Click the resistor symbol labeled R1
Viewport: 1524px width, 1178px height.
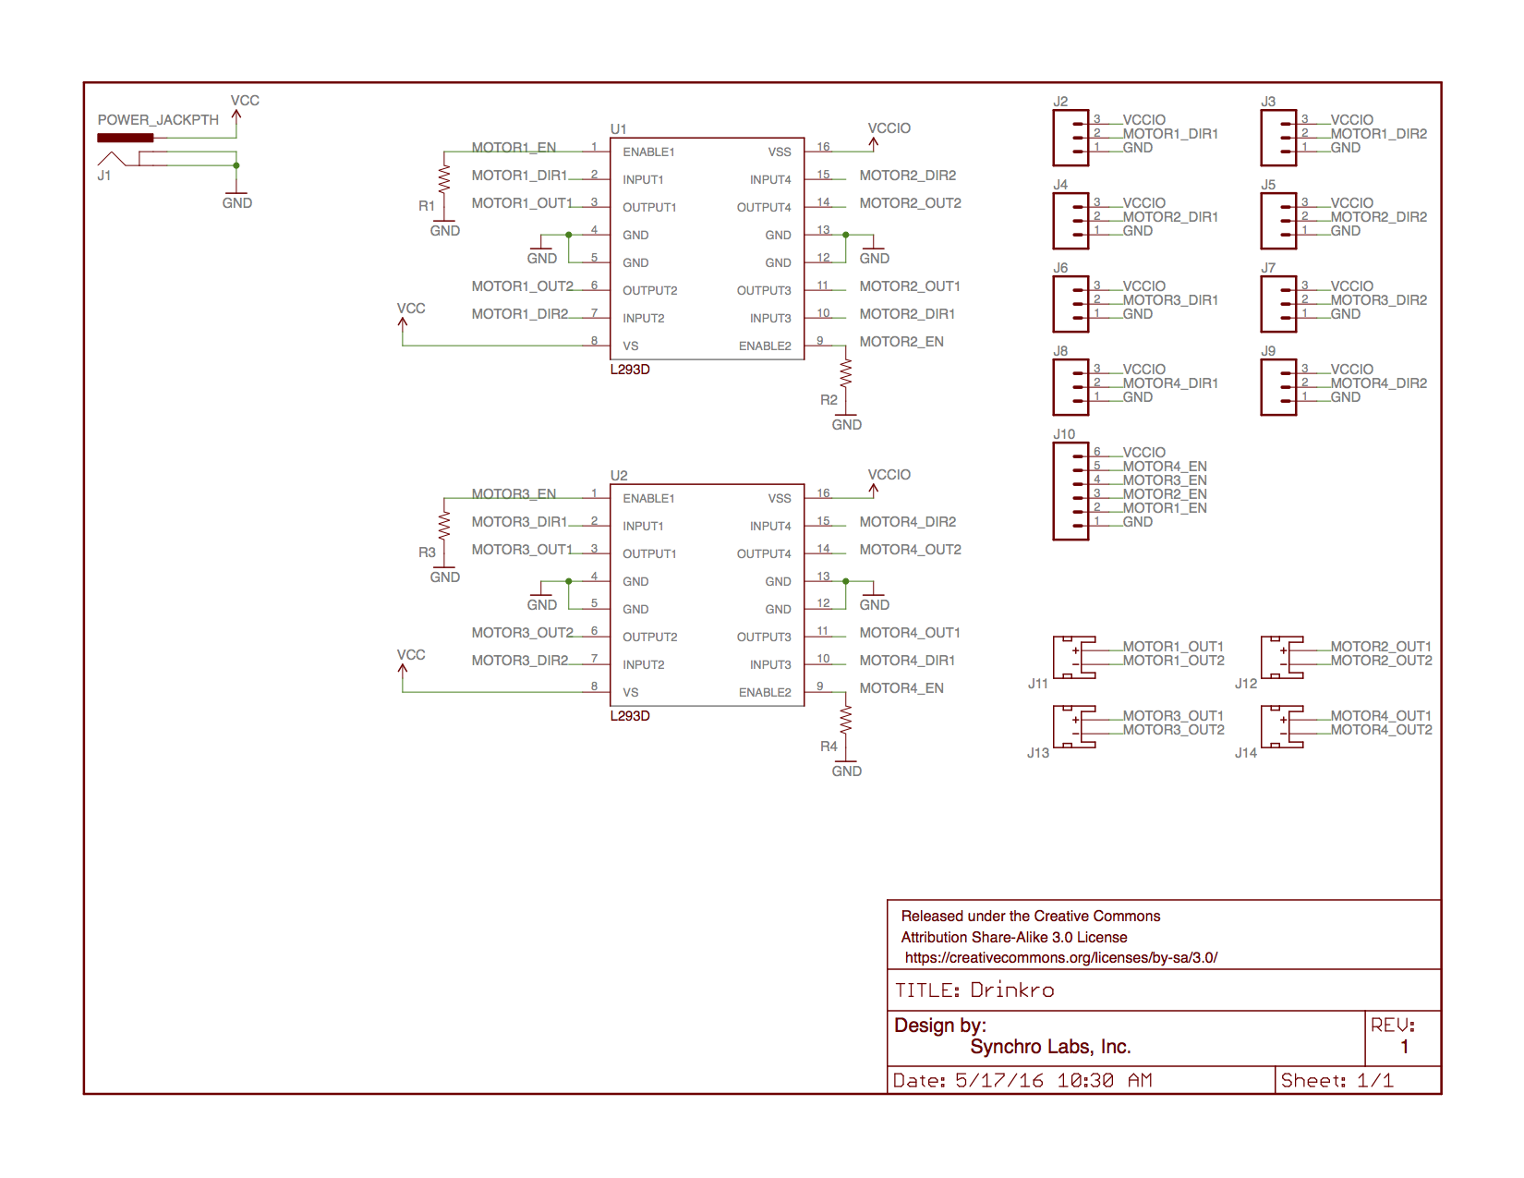(444, 177)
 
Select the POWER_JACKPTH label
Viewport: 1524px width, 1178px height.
(158, 120)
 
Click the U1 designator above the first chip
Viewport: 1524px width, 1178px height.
(618, 129)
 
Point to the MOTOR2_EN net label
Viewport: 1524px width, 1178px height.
(901, 342)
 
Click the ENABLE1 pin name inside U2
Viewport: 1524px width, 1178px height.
(648, 499)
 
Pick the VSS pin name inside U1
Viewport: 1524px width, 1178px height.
(779, 152)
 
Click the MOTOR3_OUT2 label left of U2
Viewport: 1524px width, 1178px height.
(522, 633)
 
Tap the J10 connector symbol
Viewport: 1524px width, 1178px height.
(1070, 491)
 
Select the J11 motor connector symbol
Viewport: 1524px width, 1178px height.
(1074, 657)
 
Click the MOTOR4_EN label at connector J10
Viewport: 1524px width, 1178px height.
(1164, 467)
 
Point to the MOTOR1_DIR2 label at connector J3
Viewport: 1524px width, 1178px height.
(1378, 134)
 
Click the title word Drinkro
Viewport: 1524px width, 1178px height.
(1011, 990)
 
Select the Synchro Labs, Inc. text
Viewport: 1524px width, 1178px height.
(1050, 1047)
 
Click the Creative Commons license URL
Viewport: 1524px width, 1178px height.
(1060, 958)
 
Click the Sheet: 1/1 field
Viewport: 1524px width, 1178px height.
(1337, 1081)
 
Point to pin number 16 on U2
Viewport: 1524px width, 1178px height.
(823, 493)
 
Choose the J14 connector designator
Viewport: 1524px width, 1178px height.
(1245, 753)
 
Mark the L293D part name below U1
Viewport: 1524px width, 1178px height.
(630, 370)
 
